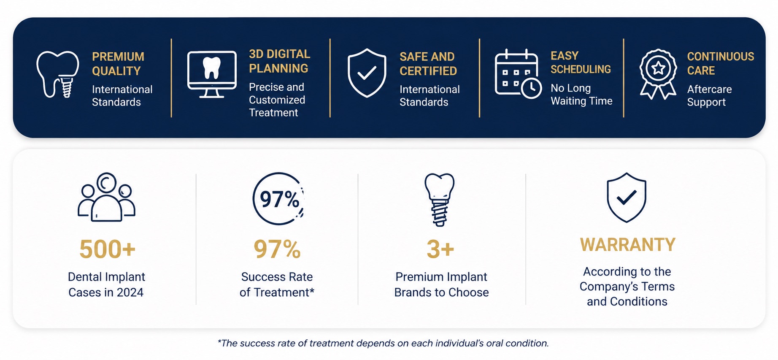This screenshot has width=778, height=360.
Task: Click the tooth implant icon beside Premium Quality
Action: (x=58, y=74)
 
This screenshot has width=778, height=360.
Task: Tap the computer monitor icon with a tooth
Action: (x=212, y=74)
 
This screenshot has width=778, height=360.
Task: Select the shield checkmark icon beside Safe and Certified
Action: (x=367, y=73)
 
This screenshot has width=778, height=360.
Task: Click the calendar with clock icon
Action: (x=518, y=74)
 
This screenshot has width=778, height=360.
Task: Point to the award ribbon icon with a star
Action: (x=658, y=74)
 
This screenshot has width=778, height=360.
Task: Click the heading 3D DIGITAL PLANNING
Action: (x=279, y=61)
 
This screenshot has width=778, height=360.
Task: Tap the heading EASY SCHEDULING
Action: (x=581, y=62)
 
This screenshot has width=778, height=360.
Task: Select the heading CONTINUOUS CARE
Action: (x=720, y=63)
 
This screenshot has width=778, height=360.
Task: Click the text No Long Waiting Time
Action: (x=581, y=95)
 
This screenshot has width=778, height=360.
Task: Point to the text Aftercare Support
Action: (x=709, y=96)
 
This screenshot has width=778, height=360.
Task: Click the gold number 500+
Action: (x=108, y=249)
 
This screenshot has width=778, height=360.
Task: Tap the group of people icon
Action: (x=106, y=197)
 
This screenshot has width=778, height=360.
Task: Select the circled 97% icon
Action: (x=278, y=198)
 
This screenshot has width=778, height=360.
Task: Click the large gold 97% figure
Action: (x=277, y=249)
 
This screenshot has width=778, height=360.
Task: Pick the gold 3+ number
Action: (x=440, y=249)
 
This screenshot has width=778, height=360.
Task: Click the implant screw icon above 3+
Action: (x=440, y=200)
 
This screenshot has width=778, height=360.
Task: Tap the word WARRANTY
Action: (x=628, y=245)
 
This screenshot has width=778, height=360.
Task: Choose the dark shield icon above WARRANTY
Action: (x=627, y=198)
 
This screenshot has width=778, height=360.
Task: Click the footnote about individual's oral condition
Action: (x=383, y=343)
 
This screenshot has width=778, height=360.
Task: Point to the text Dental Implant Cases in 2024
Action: (x=106, y=284)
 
